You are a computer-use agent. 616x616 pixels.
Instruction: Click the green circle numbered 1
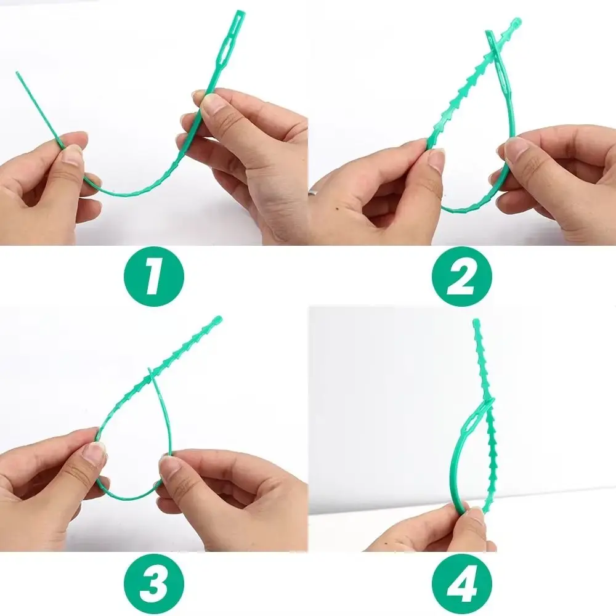154,277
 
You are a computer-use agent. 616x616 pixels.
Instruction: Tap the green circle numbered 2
462,277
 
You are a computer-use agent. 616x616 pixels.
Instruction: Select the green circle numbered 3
154,584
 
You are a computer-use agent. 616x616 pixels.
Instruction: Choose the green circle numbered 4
462,584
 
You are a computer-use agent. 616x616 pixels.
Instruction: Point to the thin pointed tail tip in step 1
17,73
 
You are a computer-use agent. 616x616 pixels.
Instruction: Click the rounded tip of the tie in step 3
217,319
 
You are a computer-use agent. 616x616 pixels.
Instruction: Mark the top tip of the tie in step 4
476,322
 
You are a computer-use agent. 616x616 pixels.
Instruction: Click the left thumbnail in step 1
72,153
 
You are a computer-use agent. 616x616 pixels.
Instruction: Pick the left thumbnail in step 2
436,159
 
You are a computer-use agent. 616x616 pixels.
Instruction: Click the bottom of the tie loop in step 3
128,498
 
